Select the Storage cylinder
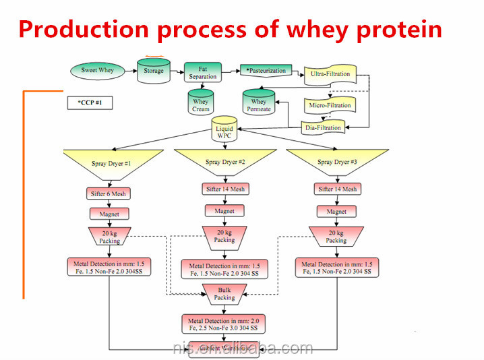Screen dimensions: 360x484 pyautogui.click(x=154, y=70)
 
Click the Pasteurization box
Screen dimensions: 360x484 pyautogui.click(x=266, y=70)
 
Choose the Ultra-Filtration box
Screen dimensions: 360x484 pyautogui.click(x=330, y=73)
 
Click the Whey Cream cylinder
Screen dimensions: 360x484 pyautogui.click(x=201, y=103)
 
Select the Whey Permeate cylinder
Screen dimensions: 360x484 pyautogui.click(x=259, y=103)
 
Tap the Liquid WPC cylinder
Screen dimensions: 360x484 pyautogui.click(x=224, y=131)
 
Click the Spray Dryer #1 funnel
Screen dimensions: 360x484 pyautogui.click(x=112, y=164)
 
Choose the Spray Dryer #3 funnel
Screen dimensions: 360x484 pyautogui.click(x=336, y=162)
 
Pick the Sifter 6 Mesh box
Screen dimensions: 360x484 pyautogui.click(x=109, y=193)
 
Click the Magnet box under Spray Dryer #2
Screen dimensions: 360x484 pyautogui.click(x=224, y=211)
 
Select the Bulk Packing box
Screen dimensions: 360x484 pyautogui.click(x=224, y=293)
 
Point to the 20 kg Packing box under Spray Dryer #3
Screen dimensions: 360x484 pyautogui.click(x=336, y=236)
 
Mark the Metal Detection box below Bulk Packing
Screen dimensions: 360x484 pyautogui.click(x=224, y=324)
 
